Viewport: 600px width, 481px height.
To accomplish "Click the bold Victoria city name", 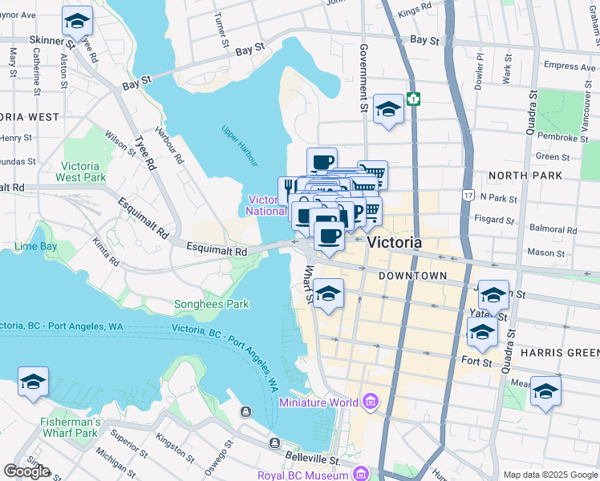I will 394,241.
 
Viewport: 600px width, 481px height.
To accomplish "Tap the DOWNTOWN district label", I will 411,276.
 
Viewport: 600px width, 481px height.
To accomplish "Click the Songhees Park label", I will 212,304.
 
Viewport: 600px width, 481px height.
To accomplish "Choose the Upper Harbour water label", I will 239,138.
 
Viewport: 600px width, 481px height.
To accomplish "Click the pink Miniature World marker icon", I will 370,401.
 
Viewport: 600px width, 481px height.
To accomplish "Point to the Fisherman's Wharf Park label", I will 71,427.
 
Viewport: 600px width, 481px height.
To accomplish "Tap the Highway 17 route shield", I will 468,195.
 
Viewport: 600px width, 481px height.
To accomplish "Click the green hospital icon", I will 413,99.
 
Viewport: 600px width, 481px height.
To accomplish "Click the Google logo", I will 26,471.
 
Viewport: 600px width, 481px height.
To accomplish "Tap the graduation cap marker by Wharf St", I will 329,293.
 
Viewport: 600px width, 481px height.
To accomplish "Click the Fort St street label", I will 476,362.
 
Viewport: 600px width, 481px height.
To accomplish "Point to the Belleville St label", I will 309,457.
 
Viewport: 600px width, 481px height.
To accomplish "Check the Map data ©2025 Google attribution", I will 549,475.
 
